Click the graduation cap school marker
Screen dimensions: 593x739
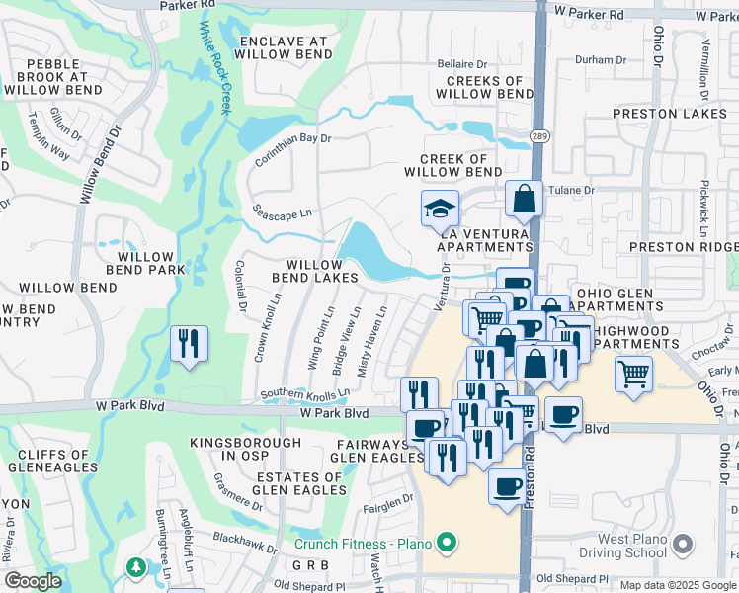click(440, 210)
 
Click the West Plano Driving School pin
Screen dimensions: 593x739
click(681, 543)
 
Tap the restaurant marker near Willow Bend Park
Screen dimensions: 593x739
click(187, 344)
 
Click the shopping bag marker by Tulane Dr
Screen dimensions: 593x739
click(524, 200)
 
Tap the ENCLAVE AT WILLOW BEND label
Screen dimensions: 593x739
click(284, 49)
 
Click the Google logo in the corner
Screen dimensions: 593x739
click(33, 581)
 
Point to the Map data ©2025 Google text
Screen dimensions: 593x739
click(678, 585)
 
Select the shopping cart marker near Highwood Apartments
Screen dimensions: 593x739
click(633, 374)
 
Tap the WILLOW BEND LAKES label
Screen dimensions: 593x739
click(323, 272)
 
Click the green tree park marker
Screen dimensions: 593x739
click(136, 568)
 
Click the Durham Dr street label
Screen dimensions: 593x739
click(595, 60)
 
